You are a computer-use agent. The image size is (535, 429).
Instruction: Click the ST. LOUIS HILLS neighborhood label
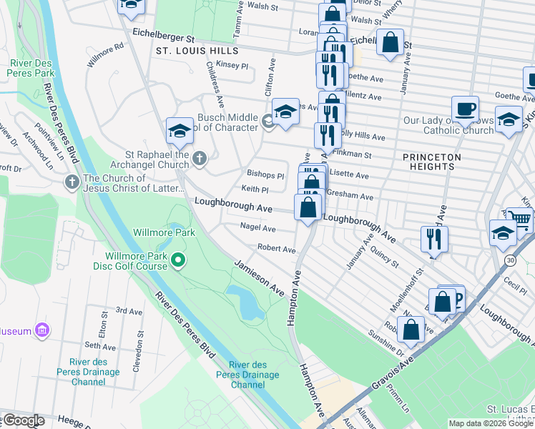tap(195, 51)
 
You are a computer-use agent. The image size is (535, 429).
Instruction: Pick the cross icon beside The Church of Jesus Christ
tap(72, 182)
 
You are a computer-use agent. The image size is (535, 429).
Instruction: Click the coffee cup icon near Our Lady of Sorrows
tap(465, 109)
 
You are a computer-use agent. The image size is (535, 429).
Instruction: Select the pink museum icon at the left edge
tap(42, 330)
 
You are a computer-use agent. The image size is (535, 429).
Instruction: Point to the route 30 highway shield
tap(509, 258)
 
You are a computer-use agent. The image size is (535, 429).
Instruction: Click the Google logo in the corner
tap(23, 420)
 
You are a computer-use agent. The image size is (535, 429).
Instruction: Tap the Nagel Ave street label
tap(258, 228)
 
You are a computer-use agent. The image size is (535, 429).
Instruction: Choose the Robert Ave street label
tap(277, 250)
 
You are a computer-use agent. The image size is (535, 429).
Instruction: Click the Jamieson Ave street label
tap(259, 278)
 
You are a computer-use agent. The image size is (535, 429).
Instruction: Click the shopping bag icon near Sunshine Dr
tap(411, 330)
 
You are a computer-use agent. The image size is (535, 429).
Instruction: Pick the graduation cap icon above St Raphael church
tap(179, 130)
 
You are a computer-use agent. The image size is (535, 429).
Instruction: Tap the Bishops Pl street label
tap(265, 174)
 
